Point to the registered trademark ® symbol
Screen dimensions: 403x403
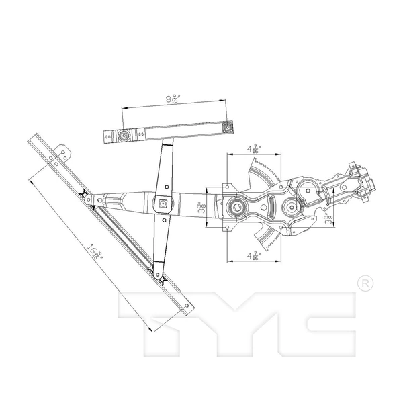(x=363, y=282)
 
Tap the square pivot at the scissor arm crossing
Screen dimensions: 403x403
(x=163, y=202)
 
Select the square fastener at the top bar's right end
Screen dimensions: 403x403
(x=227, y=126)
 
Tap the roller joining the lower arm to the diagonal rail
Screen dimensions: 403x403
(x=156, y=273)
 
